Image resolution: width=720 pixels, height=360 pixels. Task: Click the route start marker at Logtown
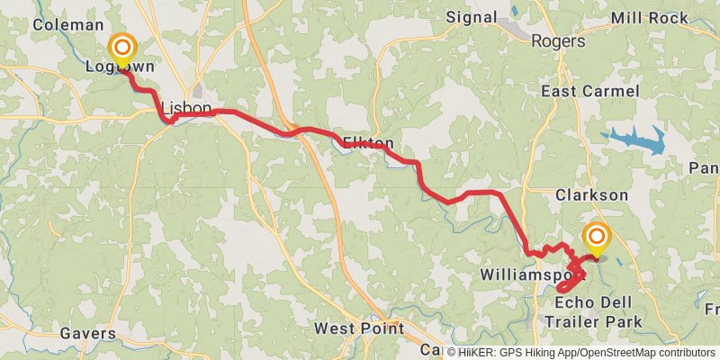click(x=121, y=48)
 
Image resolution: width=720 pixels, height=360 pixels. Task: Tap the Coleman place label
click(x=63, y=24)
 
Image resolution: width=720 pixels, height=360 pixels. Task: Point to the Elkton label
click(x=368, y=142)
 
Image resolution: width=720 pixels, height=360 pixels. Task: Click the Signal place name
click(x=472, y=17)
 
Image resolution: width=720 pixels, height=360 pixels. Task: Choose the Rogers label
click(x=558, y=40)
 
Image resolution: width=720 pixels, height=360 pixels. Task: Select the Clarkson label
click(x=591, y=194)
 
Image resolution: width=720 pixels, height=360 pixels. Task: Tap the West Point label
click(x=359, y=328)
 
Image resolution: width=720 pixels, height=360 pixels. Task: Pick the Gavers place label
click(x=89, y=333)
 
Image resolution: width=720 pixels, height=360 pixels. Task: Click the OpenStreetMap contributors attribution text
click(x=645, y=353)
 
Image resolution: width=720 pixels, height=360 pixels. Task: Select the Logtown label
click(x=120, y=67)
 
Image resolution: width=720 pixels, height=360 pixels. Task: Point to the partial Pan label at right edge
click(x=705, y=168)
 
